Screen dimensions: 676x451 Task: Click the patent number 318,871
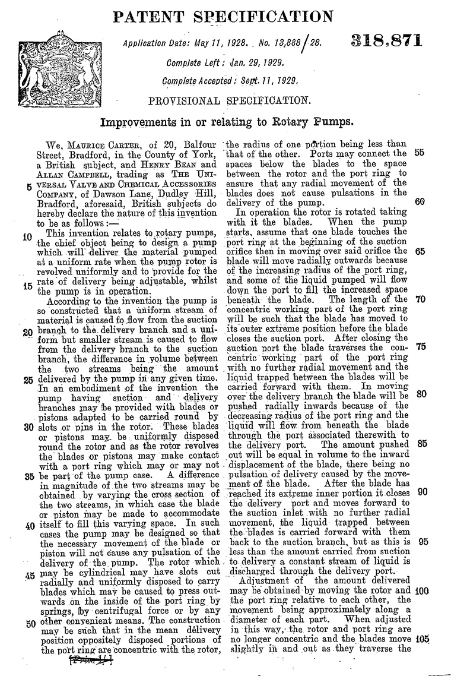click(386, 42)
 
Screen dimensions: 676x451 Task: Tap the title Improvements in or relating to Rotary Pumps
click(227, 123)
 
